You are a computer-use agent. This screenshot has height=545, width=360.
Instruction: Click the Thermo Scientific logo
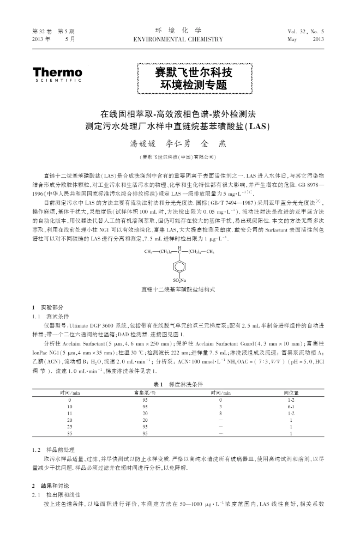pos(57,74)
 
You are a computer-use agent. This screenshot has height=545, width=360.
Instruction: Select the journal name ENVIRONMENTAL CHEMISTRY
pos(178,39)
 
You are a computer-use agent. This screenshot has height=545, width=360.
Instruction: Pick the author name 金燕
pos(215,144)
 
